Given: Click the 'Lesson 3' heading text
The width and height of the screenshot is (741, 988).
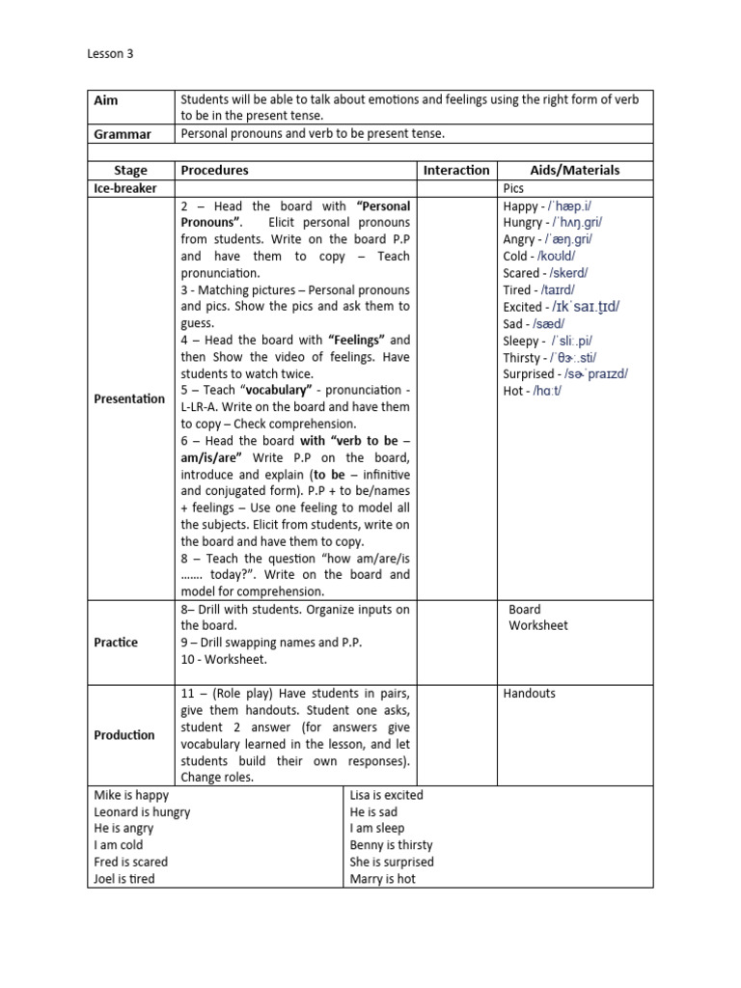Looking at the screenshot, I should pos(110,54).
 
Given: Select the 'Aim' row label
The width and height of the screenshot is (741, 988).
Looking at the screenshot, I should pos(105,100).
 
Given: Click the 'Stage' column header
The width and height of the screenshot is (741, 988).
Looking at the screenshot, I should pos(130,170).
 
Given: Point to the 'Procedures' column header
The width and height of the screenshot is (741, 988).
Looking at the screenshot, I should pos(214,170).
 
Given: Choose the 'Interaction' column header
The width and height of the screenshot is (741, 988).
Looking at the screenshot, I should pos(456,170).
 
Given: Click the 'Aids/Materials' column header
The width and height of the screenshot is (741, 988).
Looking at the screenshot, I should pos(575,170).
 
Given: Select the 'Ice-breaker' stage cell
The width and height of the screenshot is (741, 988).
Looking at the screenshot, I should pos(125,188).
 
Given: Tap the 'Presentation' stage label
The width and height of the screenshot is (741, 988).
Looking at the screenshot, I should pos(129,398).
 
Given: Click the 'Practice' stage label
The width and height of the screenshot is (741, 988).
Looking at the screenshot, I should pos(116,643).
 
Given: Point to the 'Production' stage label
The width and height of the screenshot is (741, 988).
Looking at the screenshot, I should pos(124,735).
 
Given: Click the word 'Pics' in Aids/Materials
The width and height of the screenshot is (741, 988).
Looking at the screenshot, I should pos(513,188).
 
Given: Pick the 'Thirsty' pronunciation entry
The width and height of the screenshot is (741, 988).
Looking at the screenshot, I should pos(549,357).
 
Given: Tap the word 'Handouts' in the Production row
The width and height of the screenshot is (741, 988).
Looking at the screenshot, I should pos(529,694).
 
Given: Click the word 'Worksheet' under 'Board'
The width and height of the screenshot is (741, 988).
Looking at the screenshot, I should pos(538,625).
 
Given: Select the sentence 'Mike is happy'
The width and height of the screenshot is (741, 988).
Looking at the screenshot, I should pos(131,795).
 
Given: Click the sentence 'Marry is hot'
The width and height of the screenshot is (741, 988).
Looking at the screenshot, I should pos(383,879).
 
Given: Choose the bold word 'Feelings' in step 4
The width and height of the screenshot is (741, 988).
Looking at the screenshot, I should pos(357,340).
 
